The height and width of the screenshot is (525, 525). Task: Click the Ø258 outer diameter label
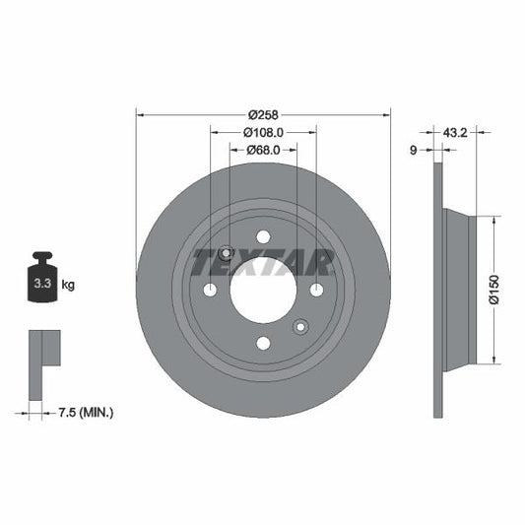263,114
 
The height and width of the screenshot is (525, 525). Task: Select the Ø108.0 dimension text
263,132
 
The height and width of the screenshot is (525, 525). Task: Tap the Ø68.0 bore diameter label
263,150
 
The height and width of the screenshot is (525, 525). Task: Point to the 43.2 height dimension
454,131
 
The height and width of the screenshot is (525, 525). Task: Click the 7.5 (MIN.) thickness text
87,412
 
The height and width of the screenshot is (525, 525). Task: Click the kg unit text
69,286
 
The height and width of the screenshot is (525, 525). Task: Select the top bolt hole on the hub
263,236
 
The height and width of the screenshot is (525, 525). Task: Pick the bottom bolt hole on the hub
263,343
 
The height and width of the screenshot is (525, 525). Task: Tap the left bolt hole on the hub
210,290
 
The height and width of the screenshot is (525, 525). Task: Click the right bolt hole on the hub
316,290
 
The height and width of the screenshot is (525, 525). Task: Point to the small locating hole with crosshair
226,253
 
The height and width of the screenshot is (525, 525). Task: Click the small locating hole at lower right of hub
300,326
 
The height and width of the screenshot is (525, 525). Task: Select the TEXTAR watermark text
263,263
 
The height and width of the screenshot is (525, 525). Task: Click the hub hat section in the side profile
461,290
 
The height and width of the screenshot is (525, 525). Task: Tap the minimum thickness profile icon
43,351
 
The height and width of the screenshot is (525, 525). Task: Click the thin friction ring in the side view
438,290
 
